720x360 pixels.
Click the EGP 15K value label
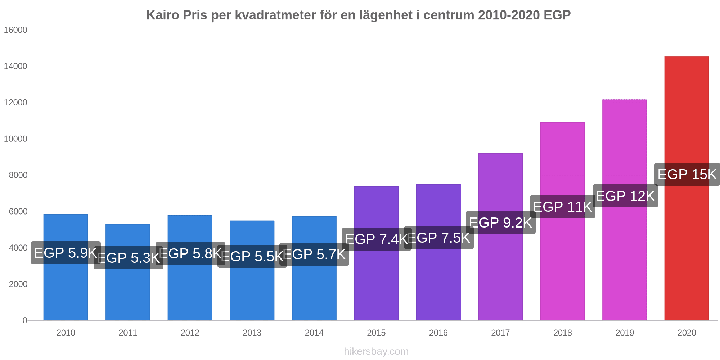[x=687, y=175]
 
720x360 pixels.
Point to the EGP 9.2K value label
[x=500, y=223]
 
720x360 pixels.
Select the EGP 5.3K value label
[x=129, y=258]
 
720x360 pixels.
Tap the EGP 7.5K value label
[x=438, y=238]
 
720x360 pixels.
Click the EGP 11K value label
[x=562, y=207]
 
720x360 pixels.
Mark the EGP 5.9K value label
[x=66, y=253]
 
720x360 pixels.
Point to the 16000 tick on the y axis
[x=15, y=30]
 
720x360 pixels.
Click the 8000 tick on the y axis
[x=18, y=175]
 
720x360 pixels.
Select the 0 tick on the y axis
[x=25, y=320]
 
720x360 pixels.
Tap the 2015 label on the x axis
[x=376, y=333]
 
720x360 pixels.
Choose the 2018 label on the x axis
[x=562, y=333]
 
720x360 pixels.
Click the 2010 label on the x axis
[x=66, y=333]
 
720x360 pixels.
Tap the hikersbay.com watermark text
[x=376, y=351]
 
